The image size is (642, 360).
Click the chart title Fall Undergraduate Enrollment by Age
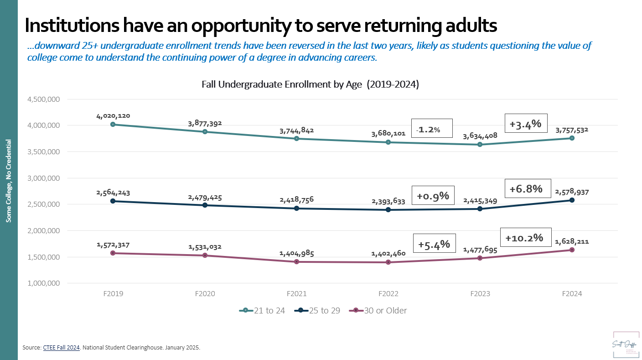[310, 84]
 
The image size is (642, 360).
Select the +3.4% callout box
[525, 123]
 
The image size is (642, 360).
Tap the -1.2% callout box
[431, 129]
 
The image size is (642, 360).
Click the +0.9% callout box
[433, 196]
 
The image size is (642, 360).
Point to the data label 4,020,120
[113, 116]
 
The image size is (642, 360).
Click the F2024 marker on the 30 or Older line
[572, 250]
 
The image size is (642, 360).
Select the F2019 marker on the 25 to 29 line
[113, 201]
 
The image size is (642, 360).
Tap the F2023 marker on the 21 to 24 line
[480, 145]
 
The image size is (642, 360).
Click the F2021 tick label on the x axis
[296, 294]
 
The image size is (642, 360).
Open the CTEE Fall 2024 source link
[62, 348]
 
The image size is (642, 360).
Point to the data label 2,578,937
[572, 193]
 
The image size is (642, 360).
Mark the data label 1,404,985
[296, 253]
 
